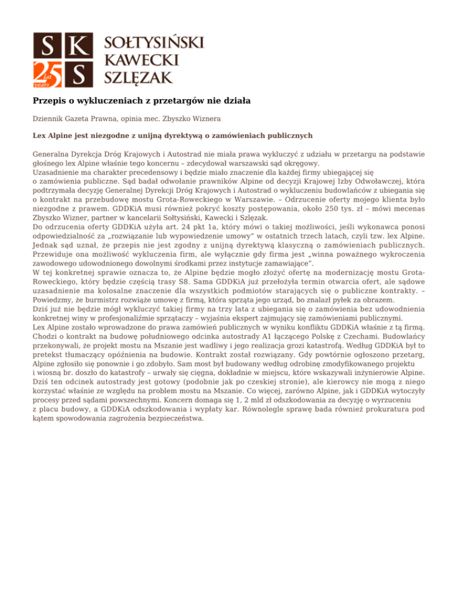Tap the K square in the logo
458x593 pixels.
pyautogui.click(x=80, y=46)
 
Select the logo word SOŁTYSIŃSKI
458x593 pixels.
pyautogui.click(x=154, y=43)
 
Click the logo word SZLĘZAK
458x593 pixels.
pyautogui.click(x=138, y=76)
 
